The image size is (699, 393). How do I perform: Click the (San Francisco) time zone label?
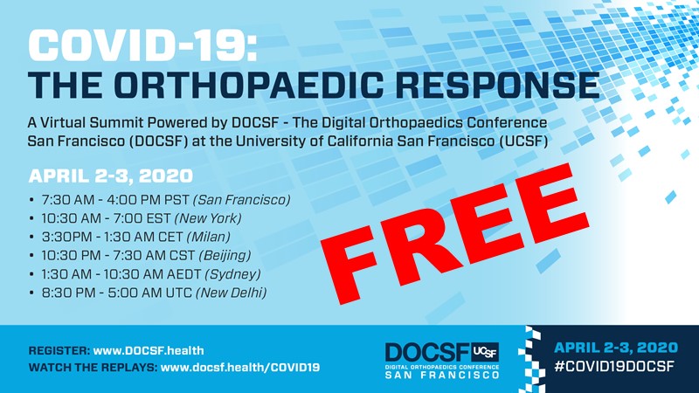(247, 200)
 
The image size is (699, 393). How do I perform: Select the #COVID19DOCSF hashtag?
(614, 367)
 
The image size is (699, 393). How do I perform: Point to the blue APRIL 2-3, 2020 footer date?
(614, 347)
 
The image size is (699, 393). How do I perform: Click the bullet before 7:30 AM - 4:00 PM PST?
(32, 201)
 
